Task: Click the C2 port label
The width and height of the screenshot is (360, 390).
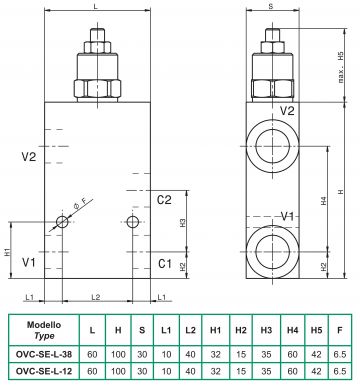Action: click(164, 200)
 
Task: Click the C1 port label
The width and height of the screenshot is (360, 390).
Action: click(165, 264)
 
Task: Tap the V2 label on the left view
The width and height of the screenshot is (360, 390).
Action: click(29, 156)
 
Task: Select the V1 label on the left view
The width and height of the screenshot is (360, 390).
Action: click(29, 262)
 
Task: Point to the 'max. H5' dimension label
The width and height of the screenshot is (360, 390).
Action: click(341, 67)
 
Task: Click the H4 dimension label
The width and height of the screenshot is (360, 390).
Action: click(324, 200)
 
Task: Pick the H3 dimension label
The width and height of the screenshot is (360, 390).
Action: click(183, 223)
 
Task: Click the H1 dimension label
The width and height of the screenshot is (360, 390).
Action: click(7, 252)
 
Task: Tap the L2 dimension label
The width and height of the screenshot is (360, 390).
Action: click(96, 297)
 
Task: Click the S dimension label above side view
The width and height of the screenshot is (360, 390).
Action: click(271, 6)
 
